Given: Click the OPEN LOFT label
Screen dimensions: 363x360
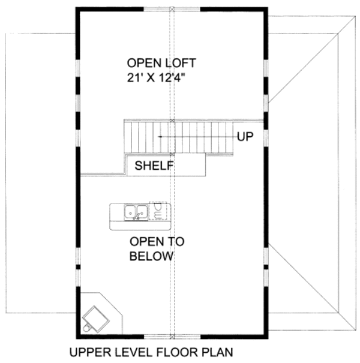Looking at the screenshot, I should coord(161,62).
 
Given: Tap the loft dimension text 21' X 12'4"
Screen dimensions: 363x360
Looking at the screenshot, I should coord(161,77).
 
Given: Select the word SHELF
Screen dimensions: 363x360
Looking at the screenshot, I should coord(154,165).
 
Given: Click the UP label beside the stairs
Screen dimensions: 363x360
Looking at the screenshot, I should coord(244,137).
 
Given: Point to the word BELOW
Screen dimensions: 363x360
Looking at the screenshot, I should coord(152,256).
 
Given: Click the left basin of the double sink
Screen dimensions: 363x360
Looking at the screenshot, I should coord(130,212).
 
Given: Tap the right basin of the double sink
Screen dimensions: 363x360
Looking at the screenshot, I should coord(142,212).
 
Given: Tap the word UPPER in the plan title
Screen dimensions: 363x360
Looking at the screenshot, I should coord(87,352).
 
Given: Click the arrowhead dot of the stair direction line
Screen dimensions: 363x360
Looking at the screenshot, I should coord(160,137).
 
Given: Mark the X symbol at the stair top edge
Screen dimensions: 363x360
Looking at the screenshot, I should coord(173,121).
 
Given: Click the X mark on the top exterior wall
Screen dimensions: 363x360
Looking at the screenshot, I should coord(173,10).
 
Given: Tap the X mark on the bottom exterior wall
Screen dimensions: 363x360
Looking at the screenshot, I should coord(173,335).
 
